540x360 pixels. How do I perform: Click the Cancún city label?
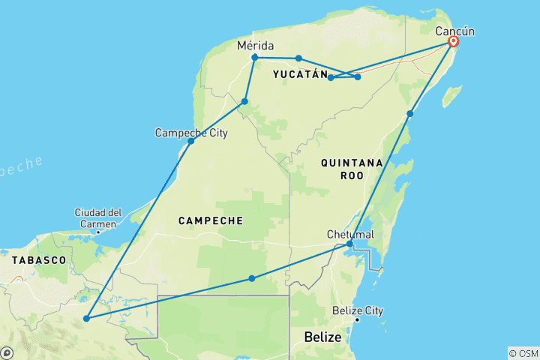[455, 31]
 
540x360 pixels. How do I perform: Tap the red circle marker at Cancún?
[453, 42]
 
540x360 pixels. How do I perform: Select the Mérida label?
[255, 46]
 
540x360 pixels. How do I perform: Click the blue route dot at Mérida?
[255, 57]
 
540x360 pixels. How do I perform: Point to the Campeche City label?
[191, 133]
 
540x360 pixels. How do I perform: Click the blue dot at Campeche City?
[191, 141]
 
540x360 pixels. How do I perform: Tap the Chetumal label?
[350, 235]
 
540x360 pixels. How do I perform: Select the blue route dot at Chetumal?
[349, 244]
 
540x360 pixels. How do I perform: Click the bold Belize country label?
[322, 338]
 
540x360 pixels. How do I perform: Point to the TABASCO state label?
[40, 259]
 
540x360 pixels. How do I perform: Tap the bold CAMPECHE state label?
[211, 220]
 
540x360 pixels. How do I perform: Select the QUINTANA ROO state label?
[352, 169]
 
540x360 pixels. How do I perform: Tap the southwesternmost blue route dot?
[87, 319]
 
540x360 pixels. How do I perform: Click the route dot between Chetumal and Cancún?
[410, 114]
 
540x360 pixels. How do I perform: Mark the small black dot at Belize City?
[357, 320]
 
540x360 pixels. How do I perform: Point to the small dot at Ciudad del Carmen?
[98, 232]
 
